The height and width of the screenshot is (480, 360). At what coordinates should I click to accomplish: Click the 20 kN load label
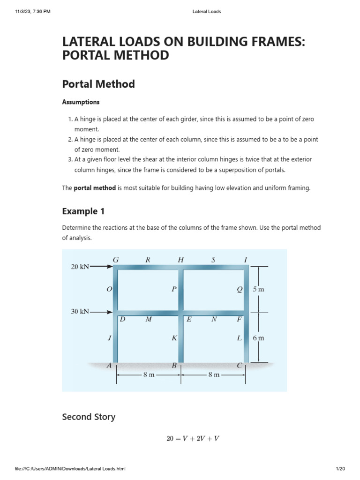[80, 267]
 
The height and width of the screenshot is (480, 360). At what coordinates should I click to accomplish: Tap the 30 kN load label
[80, 311]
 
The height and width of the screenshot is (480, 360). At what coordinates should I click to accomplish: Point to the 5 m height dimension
[258, 289]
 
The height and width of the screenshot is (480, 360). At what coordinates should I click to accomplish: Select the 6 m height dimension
[258, 337]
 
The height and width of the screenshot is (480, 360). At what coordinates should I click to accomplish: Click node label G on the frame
[116, 259]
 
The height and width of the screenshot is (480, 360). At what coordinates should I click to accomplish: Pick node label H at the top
[181, 259]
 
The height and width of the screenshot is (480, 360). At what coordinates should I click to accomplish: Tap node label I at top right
[246, 259]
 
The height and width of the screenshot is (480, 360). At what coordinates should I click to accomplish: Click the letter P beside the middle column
[174, 289]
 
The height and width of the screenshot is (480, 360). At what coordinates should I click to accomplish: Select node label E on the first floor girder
[189, 319]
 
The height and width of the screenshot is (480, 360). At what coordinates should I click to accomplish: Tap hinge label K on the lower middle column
[174, 337]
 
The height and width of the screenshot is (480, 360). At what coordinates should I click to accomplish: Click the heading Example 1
[83, 211]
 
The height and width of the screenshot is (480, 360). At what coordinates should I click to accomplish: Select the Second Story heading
[89, 417]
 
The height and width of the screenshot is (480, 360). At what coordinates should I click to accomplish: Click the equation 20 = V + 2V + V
[193, 439]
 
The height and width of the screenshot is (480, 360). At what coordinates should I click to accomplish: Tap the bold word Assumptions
[81, 102]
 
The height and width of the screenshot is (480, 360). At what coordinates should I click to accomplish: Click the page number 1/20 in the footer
[340, 469]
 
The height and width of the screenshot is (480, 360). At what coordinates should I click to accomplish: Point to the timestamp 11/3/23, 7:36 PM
[32, 12]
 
